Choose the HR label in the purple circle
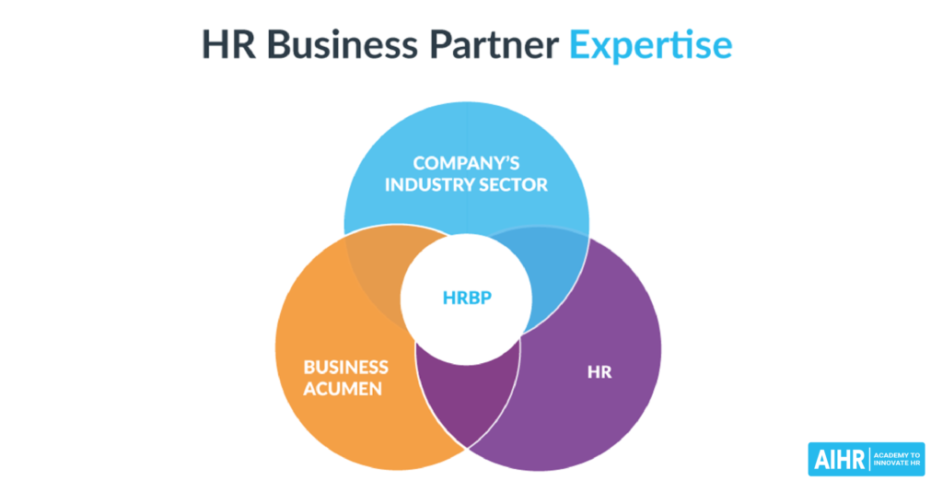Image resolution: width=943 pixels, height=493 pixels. coord(600,373)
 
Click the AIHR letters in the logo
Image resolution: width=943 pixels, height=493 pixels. coord(836,459)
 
